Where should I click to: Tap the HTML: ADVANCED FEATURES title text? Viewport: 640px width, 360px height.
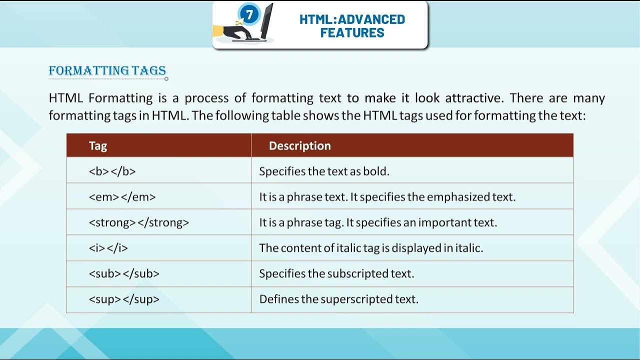point(352,26)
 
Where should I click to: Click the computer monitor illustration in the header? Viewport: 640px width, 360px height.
point(265,22)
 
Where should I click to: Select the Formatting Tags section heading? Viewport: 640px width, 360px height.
point(107,70)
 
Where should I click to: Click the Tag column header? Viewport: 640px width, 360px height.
point(98,145)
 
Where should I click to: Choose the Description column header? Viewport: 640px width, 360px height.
point(299,145)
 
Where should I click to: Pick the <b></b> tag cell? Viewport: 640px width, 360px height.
point(112,171)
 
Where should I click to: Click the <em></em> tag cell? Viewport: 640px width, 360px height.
point(122,197)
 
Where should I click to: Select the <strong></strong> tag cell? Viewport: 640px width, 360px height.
point(139,222)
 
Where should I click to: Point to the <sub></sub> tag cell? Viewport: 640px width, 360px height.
point(124,274)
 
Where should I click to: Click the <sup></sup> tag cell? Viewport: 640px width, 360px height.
point(124,299)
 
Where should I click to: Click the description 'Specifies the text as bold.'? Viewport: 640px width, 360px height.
point(324,171)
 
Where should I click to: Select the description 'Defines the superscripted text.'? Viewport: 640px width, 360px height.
point(338,299)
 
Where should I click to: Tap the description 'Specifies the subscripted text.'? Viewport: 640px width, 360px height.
point(336,274)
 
